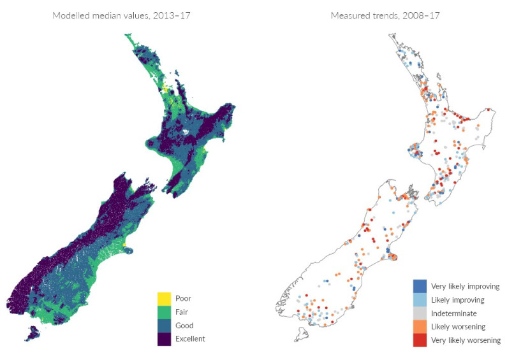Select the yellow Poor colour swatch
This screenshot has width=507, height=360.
pyautogui.click(x=165, y=298)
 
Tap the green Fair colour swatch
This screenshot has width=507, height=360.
pyautogui.click(x=165, y=312)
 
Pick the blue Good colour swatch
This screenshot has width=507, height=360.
pyautogui.click(x=165, y=325)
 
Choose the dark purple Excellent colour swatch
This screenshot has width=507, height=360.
pyautogui.click(x=165, y=338)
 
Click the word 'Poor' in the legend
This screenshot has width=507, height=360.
pyautogui.click(x=183, y=298)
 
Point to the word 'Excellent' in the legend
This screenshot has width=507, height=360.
pyautogui.click(x=191, y=338)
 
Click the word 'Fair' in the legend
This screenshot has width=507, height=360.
pyautogui.click(x=182, y=312)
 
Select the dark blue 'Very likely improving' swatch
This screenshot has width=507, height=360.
pyautogui.click(x=420, y=287)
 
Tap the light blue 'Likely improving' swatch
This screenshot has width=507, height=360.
pyautogui.click(x=420, y=300)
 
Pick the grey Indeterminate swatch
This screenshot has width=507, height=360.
pyautogui.click(x=420, y=313)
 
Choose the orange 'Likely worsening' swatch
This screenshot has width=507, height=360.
pyautogui.click(x=420, y=327)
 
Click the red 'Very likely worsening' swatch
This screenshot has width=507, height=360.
pyautogui.click(x=420, y=340)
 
